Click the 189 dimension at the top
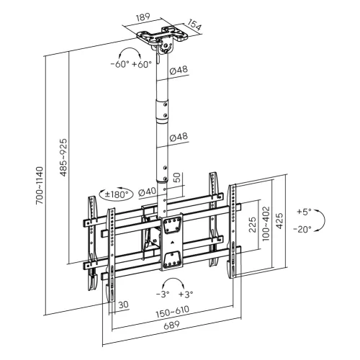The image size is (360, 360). click(143, 18)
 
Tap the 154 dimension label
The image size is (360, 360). click(194, 24)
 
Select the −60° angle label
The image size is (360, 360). click(120, 64)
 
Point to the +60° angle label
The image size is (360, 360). click(142, 64)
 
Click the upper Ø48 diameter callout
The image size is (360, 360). click(179, 71)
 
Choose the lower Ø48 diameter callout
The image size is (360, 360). click(179, 137)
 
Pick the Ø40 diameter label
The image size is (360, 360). click(148, 192)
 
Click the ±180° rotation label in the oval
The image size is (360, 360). click(116, 194)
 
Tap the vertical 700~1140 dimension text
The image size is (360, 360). click(40, 186)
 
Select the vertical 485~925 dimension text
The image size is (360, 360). click(63, 158)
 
